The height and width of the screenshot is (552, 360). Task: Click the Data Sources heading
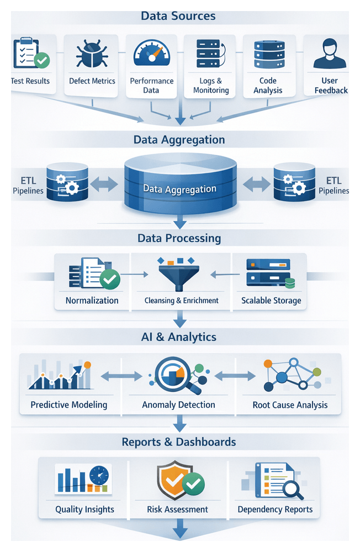(x=178, y=15)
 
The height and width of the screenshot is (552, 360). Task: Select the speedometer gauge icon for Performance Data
(x=151, y=54)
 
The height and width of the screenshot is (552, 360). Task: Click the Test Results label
(x=30, y=81)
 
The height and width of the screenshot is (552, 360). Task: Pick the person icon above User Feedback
(x=330, y=53)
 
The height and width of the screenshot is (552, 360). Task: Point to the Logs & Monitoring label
(x=210, y=86)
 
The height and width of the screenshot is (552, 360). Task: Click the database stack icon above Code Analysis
(x=268, y=54)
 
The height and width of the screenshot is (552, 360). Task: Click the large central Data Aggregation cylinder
(x=179, y=185)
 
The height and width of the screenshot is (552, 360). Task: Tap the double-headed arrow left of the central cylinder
(x=104, y=184)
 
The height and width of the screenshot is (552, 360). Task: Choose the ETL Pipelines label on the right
(x=333, y=186)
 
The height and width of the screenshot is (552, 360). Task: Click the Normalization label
(x=92, y=301)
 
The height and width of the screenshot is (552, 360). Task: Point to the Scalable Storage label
(x=271, y=301)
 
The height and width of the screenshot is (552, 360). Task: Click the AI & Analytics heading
(x=179, y=337)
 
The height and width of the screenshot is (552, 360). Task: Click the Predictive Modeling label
(x=69, y=404)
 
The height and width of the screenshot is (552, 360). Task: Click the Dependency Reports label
(x=275, y=509)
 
